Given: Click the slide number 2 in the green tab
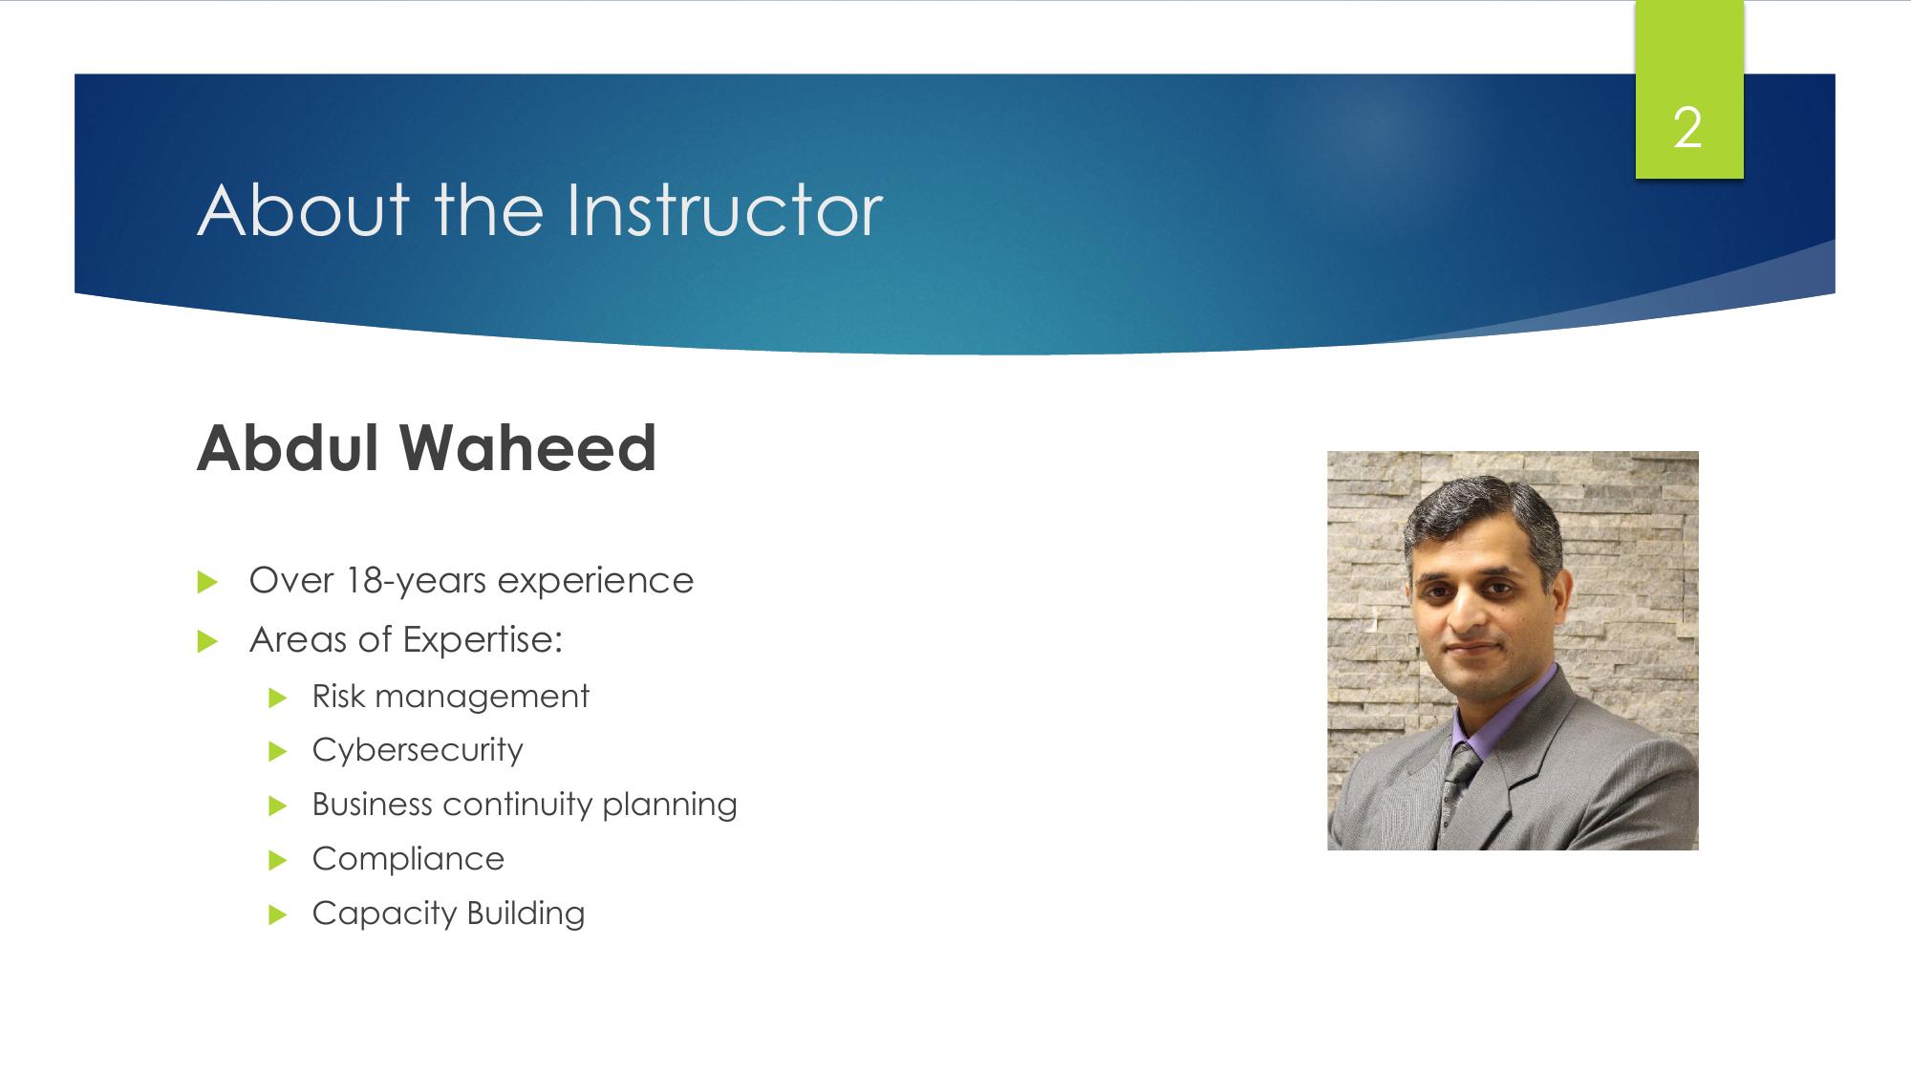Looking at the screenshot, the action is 1688,128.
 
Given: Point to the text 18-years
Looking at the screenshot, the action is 416,581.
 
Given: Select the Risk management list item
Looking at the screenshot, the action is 450,697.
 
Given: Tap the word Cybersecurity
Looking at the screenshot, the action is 418,751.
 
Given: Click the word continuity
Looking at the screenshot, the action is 517,804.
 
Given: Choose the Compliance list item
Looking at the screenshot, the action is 408,859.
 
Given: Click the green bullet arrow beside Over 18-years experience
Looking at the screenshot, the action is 207,583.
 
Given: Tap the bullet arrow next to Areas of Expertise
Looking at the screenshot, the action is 207,642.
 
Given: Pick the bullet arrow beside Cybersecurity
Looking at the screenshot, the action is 278,752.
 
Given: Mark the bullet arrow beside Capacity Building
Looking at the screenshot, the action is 278,915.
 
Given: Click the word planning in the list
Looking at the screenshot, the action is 670,806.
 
